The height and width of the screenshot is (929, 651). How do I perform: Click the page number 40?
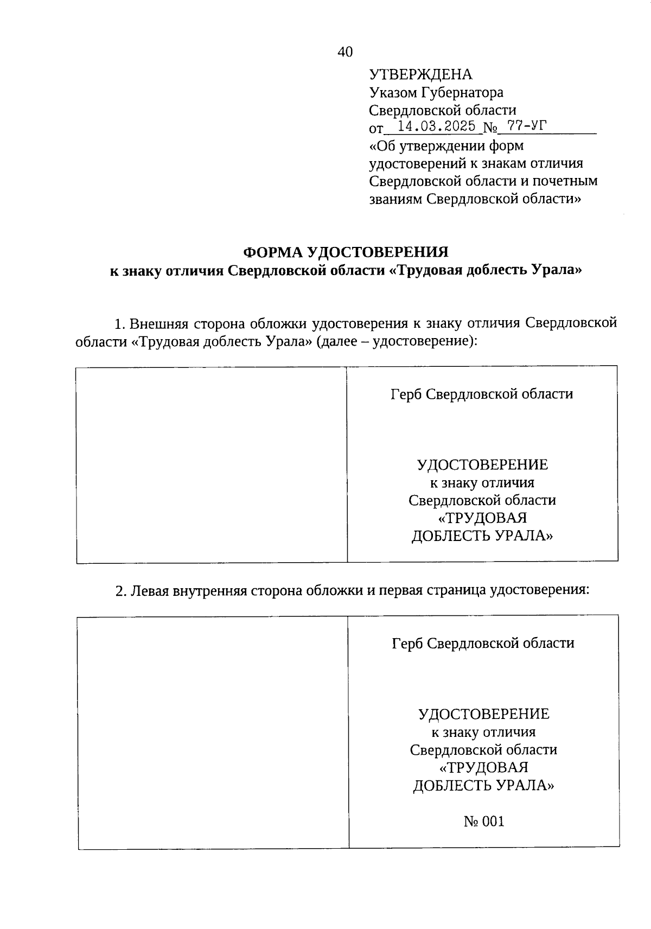pyautogui.click(x=345, y=52)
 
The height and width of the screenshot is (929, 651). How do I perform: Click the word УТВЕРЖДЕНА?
pyautogui.click(x=420, y=75)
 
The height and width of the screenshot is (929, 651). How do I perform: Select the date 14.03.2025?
pyautogui.click(x=437, y=127)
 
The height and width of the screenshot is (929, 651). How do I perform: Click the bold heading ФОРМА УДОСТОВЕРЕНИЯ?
pyautogui.click(x=346, y=252)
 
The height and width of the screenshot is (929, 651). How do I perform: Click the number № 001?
pyautogui.click(x=484, y=821)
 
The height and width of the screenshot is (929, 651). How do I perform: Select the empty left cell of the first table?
pyautogui.click(x=212, y=464)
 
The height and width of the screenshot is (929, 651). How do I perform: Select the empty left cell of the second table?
pyautogui.click(x=213, y=731)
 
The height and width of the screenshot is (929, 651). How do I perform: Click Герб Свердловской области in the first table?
pyautogui.click(x=482, y=394)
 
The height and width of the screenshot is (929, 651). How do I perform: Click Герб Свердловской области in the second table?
pyautogui.click(x=483, y=644)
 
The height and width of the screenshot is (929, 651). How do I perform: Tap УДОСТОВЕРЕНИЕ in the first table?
pyautogui.click(x=482, y=465)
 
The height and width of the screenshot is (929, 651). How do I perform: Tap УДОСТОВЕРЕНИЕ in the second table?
pyautogui.click(x=484, y=714)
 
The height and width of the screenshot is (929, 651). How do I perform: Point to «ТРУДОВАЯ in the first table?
pyautogui.click(x=482, y=518)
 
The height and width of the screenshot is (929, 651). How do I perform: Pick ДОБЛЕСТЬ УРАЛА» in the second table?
pyautogui.click(x=484, y=785)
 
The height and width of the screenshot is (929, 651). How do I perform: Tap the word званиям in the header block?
pyautogui.click(x=395, y=199)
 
